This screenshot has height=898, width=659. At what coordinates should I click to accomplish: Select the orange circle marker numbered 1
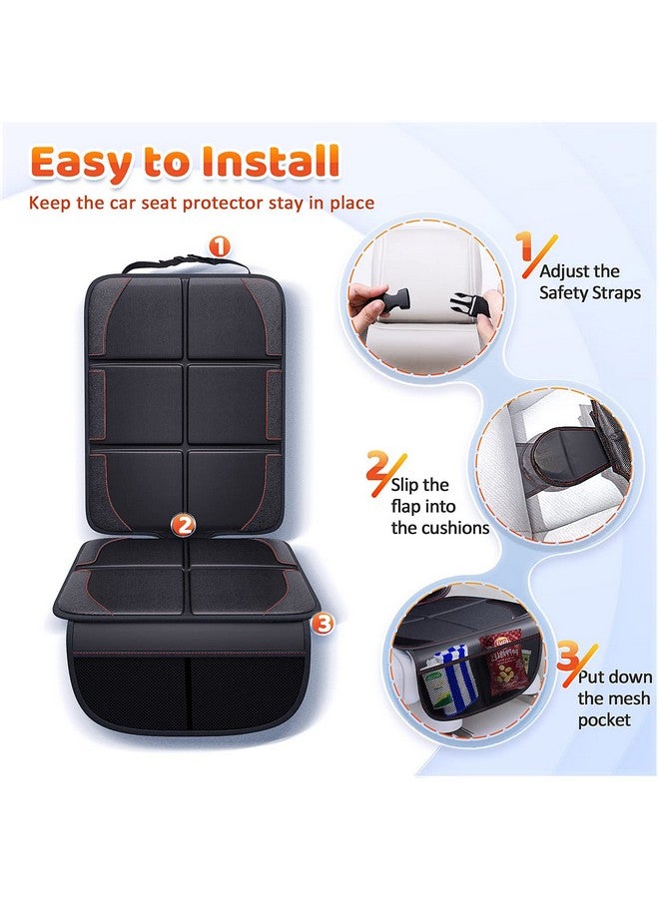(x=220, y=245)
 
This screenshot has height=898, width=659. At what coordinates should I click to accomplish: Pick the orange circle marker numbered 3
(x=322, y=624)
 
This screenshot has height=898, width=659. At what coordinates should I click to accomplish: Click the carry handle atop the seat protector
(x=184, y=264)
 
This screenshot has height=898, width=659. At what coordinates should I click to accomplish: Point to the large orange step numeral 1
(x=522, y=246)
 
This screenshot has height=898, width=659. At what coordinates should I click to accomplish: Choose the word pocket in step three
(x=604, y=719)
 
